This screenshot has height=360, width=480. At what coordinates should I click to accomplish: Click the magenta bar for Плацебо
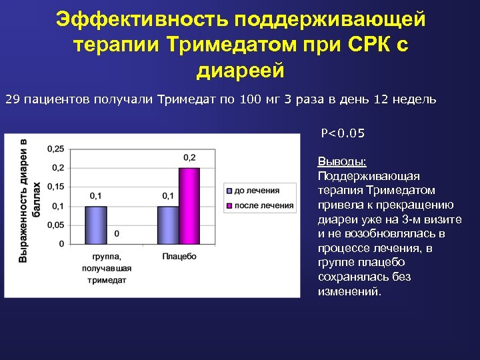[189, 205]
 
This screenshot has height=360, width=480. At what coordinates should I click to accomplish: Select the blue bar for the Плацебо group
[168, 225]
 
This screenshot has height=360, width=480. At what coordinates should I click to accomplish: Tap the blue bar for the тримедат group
[95, 225]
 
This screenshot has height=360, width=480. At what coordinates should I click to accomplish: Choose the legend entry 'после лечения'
[259, 205]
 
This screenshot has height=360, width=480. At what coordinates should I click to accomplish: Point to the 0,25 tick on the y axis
[55, 148]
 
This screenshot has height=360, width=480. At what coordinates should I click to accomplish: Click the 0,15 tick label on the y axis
[55, 186]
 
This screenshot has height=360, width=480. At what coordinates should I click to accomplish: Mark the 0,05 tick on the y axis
[55, 225]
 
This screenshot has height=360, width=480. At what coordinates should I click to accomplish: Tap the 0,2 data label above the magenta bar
[189, 157]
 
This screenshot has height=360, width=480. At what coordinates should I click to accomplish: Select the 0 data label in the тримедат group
[117, 234]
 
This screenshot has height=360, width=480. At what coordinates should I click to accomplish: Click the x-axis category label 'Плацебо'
[178, 256]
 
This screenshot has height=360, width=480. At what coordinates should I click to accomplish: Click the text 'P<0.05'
[343, 133]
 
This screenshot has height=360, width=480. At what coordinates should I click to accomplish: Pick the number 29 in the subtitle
[13, 100]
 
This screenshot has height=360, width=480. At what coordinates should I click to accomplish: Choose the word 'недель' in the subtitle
[414, 100]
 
